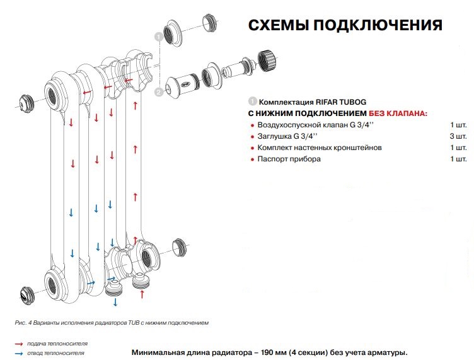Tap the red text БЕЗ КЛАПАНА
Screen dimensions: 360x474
[x=398, y=113]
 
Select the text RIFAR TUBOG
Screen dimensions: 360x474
[x=339, y=102]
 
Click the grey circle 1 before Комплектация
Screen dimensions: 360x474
[x=253, y=102]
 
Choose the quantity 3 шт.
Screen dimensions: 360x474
[x=458, y=136]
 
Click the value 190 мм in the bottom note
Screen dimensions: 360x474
[x=262, y=352]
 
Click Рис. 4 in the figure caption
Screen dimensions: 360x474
[x=22, y=323]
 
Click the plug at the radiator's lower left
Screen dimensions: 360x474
[x=25, y=293]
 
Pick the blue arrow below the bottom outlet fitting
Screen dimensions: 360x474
[x=115, y=302]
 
